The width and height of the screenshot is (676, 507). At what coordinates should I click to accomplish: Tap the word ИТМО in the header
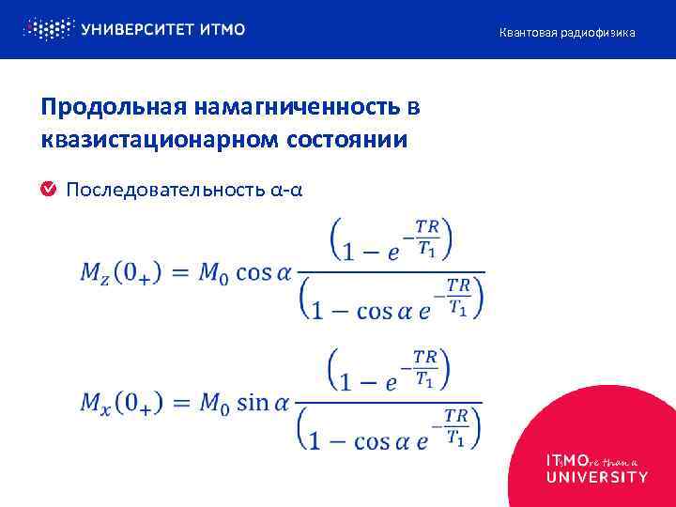pos(223,29)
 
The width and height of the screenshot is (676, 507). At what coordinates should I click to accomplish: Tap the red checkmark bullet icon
pos(48,190)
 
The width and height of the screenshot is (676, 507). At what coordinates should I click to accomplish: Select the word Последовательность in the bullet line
pos(166,191)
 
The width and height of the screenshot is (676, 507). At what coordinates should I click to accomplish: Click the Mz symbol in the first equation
pos(96,273)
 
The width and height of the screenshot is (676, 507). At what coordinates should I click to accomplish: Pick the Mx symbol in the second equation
pos(96,404)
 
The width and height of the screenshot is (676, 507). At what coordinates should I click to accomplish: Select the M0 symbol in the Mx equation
pos(210,404)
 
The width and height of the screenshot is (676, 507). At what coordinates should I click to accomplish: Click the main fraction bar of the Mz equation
pos(391,273)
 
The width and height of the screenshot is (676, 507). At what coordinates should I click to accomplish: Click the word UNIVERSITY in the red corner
pos(597,477)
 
